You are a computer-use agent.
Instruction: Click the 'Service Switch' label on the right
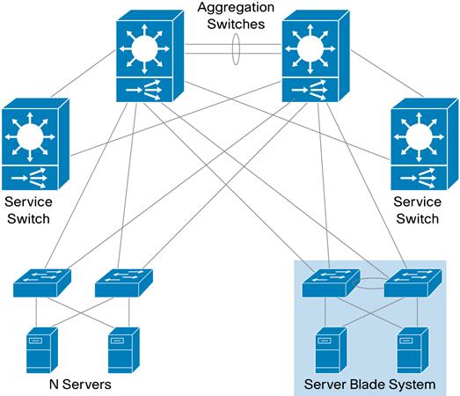point(416,209)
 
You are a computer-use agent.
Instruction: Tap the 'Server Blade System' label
point(369,385)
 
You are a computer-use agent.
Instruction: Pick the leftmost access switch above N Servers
point(42,282)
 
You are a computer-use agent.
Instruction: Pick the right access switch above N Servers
point(123,282)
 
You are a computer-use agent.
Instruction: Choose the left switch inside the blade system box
point(330,282)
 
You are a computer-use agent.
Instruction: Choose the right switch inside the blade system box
point(412,282)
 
